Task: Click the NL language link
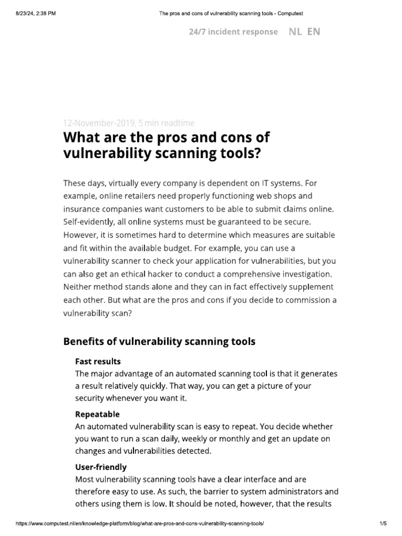click(x=295, y=31)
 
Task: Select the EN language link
click(x=314, y=31)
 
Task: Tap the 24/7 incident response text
click(x=233, y=32)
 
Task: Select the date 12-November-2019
click(x=98, y=124)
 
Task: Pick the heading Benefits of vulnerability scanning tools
click(x=159, y=342)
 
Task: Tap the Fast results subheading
click(x=98, y=362)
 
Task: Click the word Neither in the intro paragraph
click(x=79, y=287)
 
